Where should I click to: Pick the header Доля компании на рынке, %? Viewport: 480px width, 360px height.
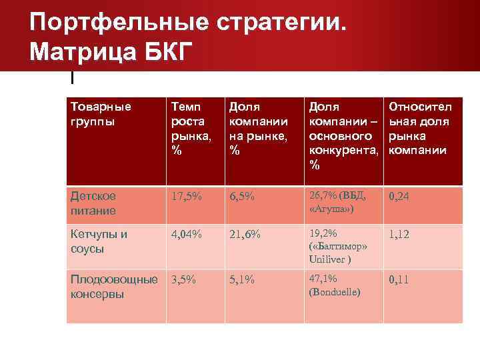point(258,129)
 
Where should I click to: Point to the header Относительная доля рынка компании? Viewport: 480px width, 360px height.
point(421,129)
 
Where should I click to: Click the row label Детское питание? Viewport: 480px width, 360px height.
point(93,203)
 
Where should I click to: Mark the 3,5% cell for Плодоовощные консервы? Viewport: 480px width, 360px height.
point(184,280)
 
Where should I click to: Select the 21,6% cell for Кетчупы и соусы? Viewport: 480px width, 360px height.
point(245,235)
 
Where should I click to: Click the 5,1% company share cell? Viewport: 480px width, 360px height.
point(241,280)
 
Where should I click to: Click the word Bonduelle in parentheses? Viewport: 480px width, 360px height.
point(335,292)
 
